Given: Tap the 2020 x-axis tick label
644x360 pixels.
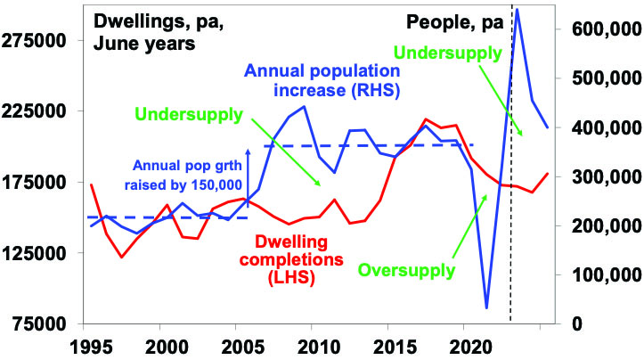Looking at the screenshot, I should pyautogui.click(x=464, y=344).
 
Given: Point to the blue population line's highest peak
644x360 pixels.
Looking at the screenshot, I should pyautogui.click(x=518, y=11).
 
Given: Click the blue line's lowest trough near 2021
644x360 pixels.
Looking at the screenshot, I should pyautogui.click(x=486, y=307).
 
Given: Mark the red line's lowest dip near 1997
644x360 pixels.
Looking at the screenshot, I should pyautogui.click(x=122, y=258).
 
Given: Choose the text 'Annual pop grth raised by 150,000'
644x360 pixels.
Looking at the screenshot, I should pyautogui.click(x=186, y=174).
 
